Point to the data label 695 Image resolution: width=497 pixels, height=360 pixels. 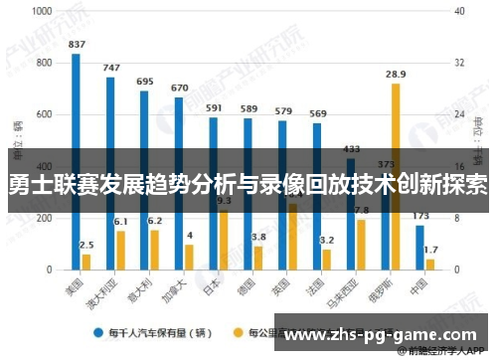point(145,82)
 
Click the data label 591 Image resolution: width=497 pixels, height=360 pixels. point(214,107)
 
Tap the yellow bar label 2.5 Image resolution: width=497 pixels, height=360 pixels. point(87,245)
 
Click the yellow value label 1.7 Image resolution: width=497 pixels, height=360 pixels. point(430,250)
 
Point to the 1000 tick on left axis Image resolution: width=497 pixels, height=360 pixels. point(43,13)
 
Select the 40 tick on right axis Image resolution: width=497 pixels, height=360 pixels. point(459,13)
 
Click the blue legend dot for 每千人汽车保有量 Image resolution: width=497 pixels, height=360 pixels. point(99,332)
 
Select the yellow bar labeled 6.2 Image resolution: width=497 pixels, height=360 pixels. point(155,250)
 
